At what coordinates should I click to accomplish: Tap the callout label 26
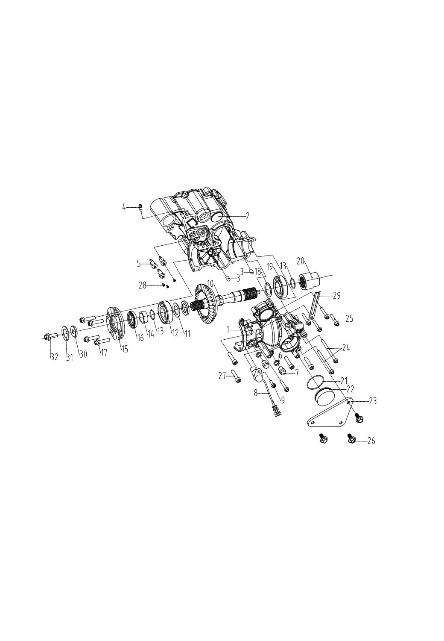[371, 441]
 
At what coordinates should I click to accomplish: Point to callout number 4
[124, 207]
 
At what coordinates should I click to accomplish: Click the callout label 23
[373, 401]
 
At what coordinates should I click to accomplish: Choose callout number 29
[337, 296]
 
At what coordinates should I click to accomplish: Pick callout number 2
[247, 216]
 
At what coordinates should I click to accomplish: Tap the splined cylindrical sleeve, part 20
[310, 281]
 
